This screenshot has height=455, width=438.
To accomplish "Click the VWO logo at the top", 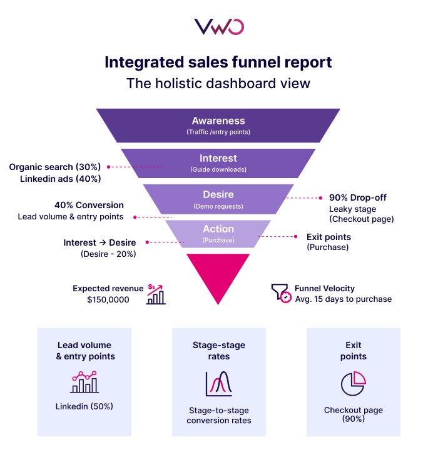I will (x=218, y=27).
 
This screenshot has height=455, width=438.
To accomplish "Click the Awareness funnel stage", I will (x=218, y=125).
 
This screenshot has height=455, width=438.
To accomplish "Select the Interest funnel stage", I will (x=218, y=162).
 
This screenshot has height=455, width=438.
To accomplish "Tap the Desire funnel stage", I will (x=218, y=199).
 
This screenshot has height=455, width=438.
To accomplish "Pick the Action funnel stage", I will (x=218, y=234).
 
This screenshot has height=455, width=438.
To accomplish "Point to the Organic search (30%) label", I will (x=55, y=167).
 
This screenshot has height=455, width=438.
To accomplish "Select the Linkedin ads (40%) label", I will (x=59, y=179).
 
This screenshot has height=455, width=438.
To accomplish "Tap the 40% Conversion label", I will (x=89, y=205).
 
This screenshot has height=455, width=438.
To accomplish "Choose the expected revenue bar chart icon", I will (x=156, y=294).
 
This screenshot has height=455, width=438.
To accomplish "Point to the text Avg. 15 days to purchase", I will (x=343, y=299).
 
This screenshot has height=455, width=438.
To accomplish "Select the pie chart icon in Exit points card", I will (x=354, y=382).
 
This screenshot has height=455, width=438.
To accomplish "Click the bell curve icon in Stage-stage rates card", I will (x=218, y=383).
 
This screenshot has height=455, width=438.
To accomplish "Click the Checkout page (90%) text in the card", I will (x=354, y=415).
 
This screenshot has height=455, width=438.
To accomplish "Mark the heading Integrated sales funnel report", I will (x=218, y=62).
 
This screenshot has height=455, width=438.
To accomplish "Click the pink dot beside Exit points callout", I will (x=296, y=237).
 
